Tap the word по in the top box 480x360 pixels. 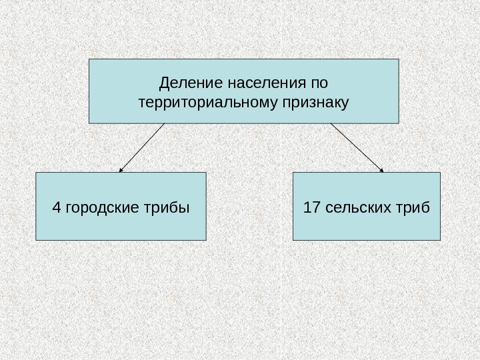(319, 85)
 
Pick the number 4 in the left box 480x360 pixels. (55, 208)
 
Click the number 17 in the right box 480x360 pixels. (311, 208)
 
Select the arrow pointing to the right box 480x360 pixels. (357, 148)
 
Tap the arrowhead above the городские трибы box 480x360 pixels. (121, 171)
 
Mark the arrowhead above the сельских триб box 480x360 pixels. (382, 171)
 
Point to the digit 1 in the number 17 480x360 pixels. (307, 208)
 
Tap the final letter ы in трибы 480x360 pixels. (184, 208)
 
